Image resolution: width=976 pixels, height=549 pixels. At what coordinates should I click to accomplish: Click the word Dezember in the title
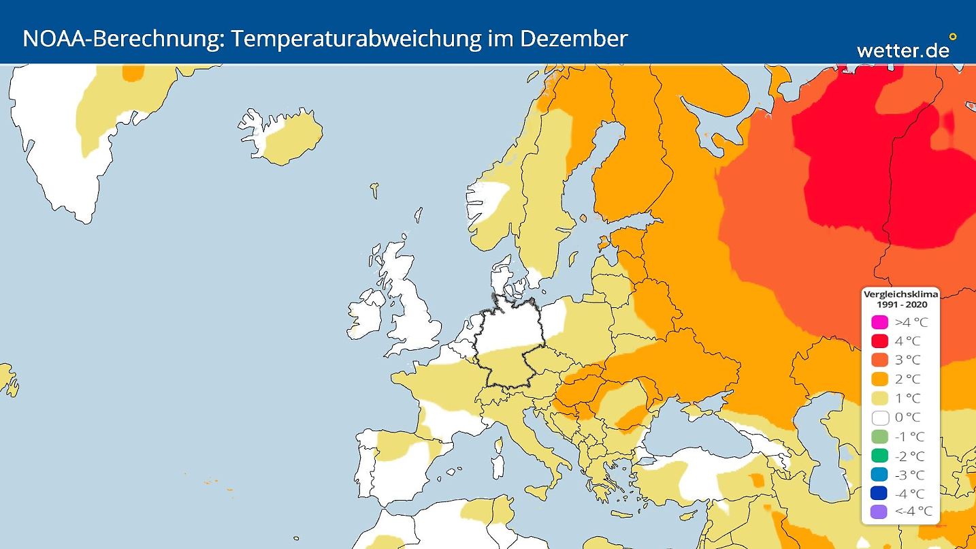coord(573,39)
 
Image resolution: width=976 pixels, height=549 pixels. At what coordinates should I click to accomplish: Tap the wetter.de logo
coord(902,50)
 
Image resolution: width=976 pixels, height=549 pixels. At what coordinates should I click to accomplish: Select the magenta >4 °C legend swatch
coord(880,322)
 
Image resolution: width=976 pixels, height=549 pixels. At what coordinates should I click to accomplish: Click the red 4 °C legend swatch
coord(880,341)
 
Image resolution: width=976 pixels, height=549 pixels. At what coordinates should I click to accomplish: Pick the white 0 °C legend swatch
coord(880,418)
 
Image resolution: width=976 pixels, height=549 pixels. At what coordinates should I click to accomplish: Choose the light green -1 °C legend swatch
coord(880,437)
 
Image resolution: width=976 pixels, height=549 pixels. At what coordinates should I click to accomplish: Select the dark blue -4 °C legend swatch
coord(880,493)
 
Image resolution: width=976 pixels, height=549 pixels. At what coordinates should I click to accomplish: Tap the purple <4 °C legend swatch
coord(880,512)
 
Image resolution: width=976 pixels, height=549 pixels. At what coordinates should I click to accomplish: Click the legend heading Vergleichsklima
coord(900,294)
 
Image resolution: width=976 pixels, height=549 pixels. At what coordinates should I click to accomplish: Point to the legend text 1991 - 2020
coord(900,304)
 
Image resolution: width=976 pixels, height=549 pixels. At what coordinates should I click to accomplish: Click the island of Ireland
coord(364,315)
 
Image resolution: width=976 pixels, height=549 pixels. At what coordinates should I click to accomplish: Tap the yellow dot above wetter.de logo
coord(952,37)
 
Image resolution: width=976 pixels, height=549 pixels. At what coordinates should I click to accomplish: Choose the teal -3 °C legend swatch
coord(880,475)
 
